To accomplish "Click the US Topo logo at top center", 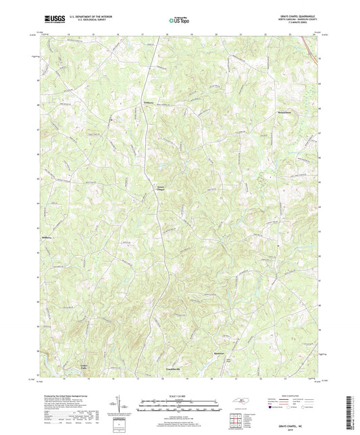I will pyautogui.click(x=177, y=20).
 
